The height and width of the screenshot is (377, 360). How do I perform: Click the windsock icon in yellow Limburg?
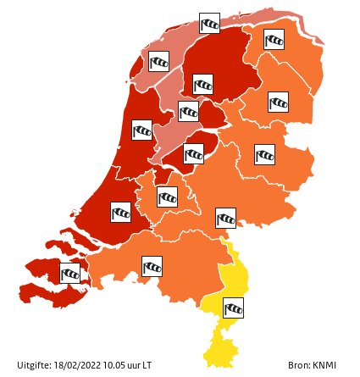point(234,308)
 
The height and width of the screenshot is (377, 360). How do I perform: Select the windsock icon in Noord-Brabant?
point(152,267)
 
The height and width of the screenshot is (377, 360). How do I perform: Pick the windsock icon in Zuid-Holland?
point(121,212)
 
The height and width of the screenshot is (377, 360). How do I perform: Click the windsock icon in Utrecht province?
point(168,196)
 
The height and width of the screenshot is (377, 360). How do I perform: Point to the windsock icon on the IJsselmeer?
point(189,110)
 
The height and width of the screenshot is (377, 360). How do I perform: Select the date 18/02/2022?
point(69,365)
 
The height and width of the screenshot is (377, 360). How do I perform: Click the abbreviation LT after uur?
point(147,365)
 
